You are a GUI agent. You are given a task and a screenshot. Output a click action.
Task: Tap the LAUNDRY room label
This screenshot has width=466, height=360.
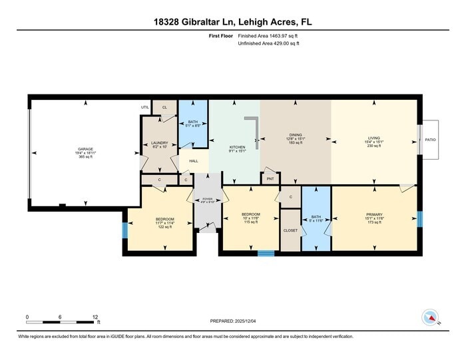tap(159, 142)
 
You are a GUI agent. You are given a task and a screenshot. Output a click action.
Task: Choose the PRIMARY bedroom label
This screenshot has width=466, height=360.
tap(373, 214)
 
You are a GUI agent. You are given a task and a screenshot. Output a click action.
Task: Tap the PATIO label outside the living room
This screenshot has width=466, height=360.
tap(430, 140)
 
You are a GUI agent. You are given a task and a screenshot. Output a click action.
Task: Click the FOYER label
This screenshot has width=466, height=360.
tap(207, 198)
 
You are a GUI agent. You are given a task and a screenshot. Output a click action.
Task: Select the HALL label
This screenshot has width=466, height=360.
tap(194, 161)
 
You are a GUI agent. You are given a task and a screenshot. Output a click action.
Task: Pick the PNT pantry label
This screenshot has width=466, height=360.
tap(270, 179)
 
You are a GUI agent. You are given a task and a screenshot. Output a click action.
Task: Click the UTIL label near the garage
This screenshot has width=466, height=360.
tap(144, 107)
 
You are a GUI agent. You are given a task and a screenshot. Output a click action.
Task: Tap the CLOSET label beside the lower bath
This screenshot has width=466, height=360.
tap(290, 230)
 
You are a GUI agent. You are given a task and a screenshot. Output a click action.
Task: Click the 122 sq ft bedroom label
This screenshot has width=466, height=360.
tap(164, 219)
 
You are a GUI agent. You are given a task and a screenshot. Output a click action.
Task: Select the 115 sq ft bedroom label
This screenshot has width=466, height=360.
tap(250, 214)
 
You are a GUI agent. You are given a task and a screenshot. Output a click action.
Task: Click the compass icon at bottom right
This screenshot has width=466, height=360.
tap(430, 317)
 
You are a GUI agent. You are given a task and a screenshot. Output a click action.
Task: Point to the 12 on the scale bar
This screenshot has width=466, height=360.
tap(95, 317)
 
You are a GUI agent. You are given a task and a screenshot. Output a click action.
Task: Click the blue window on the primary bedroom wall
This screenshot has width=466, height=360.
tap(419, 219)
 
